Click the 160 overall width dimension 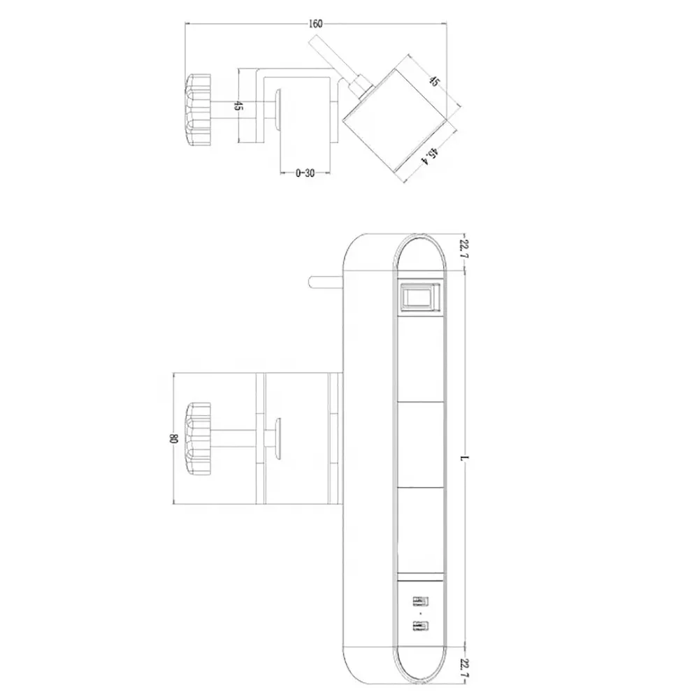315,24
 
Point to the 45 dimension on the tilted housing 434,82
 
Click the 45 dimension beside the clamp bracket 238,106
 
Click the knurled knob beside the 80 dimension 198,438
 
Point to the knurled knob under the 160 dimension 198,110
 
